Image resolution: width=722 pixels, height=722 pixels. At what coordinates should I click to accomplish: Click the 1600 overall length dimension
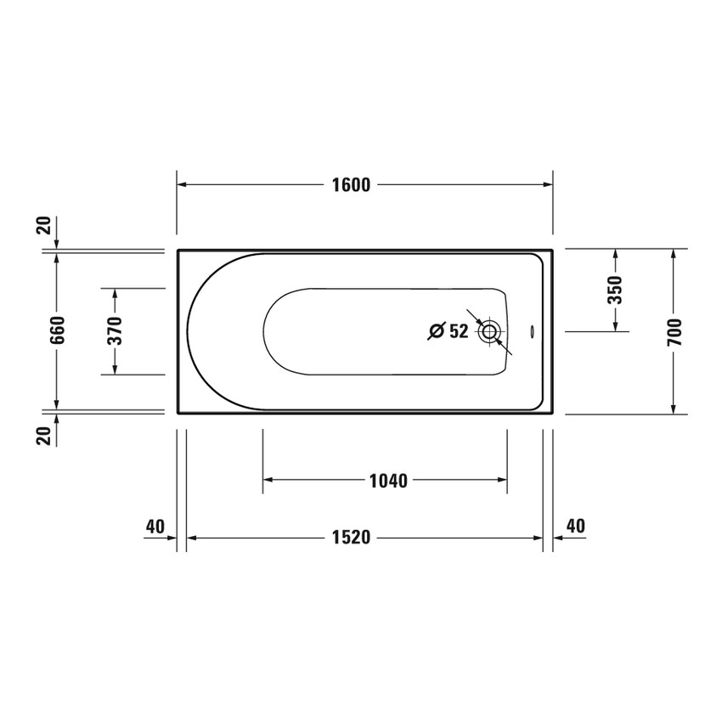click(352, 185)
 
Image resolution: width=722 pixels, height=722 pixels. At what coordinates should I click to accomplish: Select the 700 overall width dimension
click(674, 331)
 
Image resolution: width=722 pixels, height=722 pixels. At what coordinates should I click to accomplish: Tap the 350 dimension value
click(616, 290)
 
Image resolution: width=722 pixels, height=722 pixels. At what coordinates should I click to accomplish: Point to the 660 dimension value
click(57, 330)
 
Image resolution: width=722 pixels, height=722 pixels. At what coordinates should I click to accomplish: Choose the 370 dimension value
click(116, 330)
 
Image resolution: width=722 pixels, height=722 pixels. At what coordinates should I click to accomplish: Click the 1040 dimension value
click(387, 481)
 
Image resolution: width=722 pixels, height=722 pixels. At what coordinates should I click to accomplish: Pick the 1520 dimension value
click(352, 539)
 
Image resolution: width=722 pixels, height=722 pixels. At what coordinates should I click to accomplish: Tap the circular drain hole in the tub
click(489, 332)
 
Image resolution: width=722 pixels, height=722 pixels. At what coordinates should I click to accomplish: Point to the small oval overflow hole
click(531, 332)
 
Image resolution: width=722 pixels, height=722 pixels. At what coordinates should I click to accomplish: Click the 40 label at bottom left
click(154, 527)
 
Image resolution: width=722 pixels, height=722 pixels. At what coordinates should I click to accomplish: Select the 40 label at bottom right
click(575, 527)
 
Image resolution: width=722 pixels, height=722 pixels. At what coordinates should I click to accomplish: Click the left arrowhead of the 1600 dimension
click(182, 185)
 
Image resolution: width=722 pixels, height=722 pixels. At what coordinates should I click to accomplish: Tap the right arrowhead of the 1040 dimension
click(502, 481)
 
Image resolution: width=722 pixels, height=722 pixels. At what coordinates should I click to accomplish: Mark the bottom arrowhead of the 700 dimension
click(674, 409)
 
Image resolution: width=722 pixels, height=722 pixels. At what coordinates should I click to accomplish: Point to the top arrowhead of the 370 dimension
click(116, 293)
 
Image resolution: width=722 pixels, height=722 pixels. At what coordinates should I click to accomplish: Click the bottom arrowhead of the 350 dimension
click(616, 326)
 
